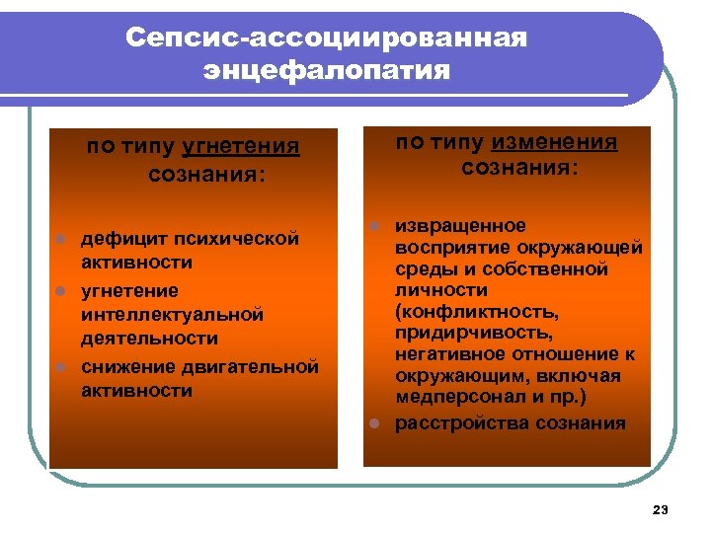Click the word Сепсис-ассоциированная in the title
click(327, 38)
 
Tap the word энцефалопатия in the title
click(327, 71)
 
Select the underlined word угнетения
click(241, 147)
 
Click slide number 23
click(661, 509)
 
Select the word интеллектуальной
click(173, 315)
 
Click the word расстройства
click(461, 423)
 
